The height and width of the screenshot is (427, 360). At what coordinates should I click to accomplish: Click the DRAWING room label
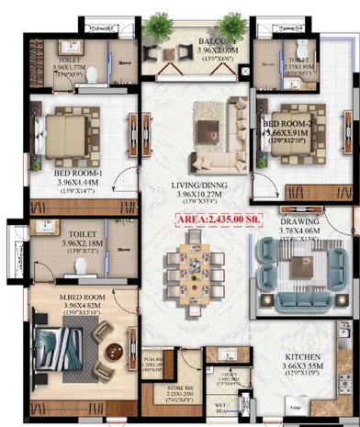[299, 221]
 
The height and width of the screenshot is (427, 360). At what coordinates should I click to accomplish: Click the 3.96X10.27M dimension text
[200, 195]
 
